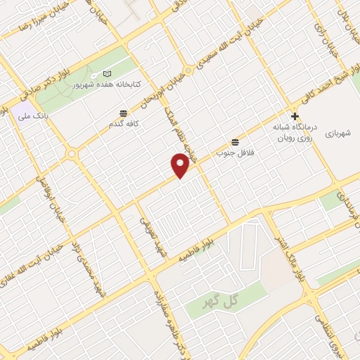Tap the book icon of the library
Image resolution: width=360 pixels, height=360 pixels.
coord(107,73)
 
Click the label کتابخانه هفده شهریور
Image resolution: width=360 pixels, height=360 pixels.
coord(108,84)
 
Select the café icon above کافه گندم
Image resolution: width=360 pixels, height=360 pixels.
coord(124,112)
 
